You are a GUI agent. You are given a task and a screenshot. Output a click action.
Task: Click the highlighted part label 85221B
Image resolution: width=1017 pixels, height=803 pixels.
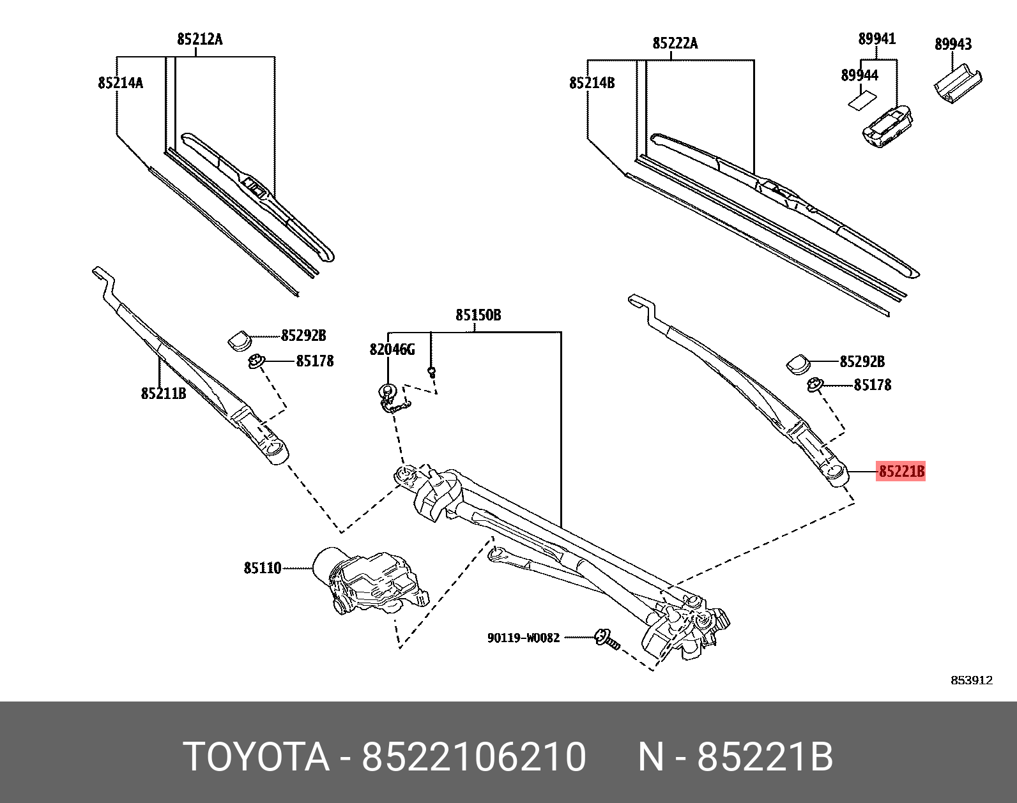[x=901, y=472]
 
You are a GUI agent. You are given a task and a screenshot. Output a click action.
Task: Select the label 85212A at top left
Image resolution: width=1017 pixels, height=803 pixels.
[x=200, y=40]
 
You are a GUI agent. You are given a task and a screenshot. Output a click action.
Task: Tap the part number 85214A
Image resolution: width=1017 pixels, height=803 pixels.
[x=121, y=83]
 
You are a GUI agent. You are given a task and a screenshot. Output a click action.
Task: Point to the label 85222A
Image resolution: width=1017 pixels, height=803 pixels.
[x=675, y=43]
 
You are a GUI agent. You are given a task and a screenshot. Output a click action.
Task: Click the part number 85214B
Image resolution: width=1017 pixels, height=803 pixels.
[x=592, y=83]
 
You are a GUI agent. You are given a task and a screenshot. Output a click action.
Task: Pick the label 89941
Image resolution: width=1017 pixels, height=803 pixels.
[x=877, y=39]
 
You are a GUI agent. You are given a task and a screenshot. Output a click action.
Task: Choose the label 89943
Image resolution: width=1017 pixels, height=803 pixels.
[x=953, y=44]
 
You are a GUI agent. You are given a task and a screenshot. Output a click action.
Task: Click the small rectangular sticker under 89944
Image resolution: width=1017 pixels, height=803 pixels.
[x=860, y=100]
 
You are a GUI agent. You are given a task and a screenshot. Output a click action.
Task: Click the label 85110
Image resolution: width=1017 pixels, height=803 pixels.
[x=263, y=568]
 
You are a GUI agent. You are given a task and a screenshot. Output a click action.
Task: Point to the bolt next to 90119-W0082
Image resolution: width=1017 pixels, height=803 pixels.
[x=606, y=639]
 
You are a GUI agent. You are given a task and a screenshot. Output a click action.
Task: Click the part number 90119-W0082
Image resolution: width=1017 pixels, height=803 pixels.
[x=523, y=638]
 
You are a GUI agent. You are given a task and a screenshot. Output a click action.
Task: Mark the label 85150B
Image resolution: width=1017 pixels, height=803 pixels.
[x=478, y=315]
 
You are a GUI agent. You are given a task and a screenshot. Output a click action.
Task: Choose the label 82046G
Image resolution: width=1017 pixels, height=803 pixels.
[x=392, y=350]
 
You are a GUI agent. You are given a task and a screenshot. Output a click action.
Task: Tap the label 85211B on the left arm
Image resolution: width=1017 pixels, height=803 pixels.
[x=164, y=394]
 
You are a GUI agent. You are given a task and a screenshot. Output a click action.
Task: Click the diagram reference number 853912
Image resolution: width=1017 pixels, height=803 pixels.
[x=972, y=680]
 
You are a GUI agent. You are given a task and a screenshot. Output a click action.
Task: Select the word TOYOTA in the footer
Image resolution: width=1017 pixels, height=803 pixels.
[x=256, y=757]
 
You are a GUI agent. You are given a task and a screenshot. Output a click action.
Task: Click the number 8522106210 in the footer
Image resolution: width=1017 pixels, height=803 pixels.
[x=474, y=757]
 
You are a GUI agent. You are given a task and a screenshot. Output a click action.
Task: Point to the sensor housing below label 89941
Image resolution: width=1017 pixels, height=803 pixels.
[x=887, y=124]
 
